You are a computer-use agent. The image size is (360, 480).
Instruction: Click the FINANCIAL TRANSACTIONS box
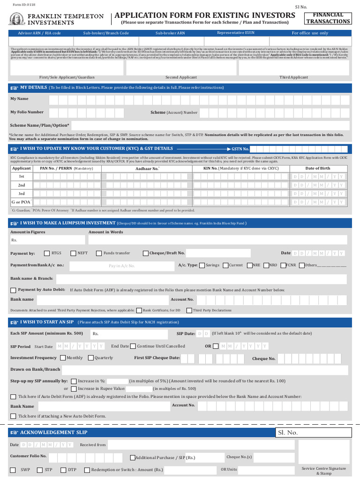[x=331, y=18]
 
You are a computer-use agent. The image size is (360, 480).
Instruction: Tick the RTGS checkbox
[x=46, y=253]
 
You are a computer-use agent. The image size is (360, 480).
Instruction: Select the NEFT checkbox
[x=73, y=253]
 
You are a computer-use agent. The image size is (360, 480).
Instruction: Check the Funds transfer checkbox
[x=99, y=253]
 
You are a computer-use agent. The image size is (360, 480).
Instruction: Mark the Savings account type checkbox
[x=202, y=265]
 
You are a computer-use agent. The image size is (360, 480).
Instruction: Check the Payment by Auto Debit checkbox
[x=13, y=290]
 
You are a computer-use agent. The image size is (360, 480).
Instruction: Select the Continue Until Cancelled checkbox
[x=133, y=346]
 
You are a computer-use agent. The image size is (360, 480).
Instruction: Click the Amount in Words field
[x=217, y=240]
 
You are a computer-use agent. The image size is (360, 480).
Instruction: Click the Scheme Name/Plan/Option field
[x=210, y=126]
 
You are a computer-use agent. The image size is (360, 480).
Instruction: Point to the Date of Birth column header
[x=317, y=168]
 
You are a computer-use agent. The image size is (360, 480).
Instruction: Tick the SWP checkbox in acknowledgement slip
[x=13, y=470]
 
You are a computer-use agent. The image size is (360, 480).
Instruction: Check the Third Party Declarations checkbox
[x=189, y=310]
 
